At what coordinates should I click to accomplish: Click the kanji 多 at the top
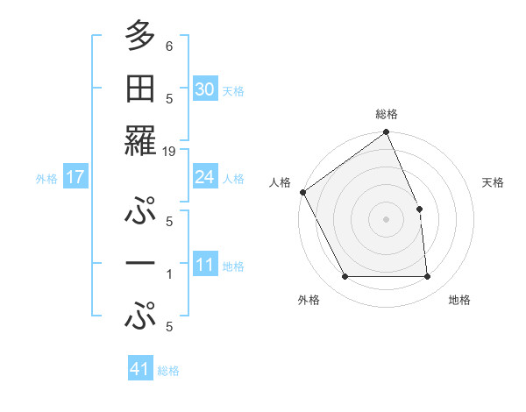click(x=139, y=36)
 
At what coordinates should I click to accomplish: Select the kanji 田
click(x=139, y=88)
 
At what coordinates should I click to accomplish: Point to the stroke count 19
click(x=169, y=152)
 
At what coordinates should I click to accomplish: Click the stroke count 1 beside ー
click(x=169, y=274)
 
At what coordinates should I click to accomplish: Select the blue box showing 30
click(x=205, y=89)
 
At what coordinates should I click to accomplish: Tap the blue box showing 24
click(x=205, y=177)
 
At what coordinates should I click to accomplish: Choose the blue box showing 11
click(x=205, y=265)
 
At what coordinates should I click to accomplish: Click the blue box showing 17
click(x=75, y=177)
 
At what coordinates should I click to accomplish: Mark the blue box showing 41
click(x=140, y=369)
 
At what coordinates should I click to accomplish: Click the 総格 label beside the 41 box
click(x=168, y=371)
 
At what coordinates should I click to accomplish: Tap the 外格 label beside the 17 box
click(x=46, y=179)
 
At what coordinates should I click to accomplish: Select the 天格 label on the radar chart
click(x=494, y=182)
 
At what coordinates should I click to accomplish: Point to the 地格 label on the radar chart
click(x=459, y=300)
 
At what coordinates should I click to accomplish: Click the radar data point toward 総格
click(x=386, y=133)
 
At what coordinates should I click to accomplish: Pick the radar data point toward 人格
click(x=302, y=192)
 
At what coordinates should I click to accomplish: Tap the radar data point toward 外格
click(x=345, y=277)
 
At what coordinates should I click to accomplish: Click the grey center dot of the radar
click(x=386, y=219)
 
